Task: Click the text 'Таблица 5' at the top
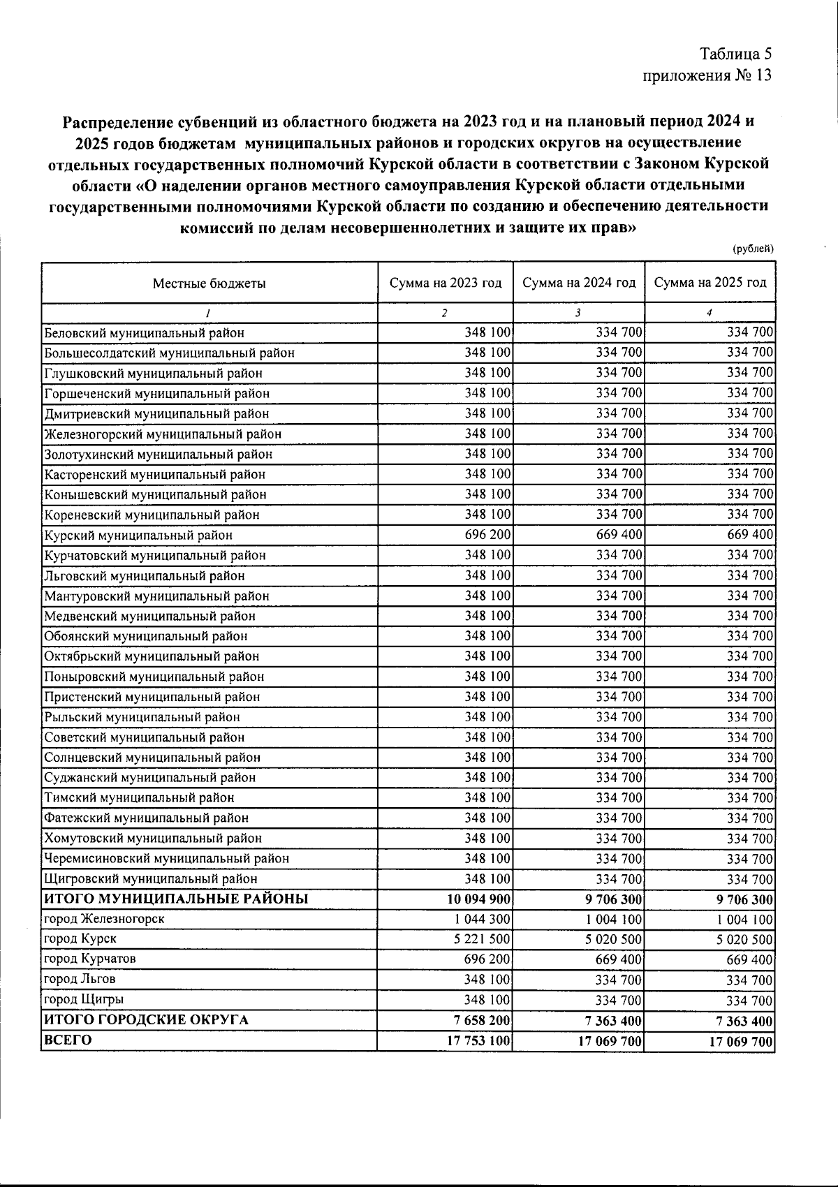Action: coord(736,54)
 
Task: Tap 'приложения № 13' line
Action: coord(707,75)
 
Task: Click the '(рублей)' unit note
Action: coord(753,249)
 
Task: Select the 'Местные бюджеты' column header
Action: coord(209,283)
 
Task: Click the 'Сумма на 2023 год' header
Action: coord(446,283)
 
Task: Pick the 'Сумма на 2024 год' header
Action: coord(579,283)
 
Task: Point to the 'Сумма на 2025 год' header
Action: coord(710,283)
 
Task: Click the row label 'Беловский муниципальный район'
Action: coord(145,333)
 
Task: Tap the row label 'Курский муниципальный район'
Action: coord(138,535)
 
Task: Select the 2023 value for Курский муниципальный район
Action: coord(487,535)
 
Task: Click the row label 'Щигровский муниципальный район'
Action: coord(151,879)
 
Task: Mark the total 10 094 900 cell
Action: coord(478,899)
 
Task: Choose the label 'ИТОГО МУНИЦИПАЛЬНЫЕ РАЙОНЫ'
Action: coord(176,899)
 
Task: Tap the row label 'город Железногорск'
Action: coord(104,919)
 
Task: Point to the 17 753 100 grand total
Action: coord(478,1041)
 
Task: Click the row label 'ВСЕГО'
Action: coord(67,1040)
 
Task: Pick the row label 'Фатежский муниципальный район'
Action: coord(146,818)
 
